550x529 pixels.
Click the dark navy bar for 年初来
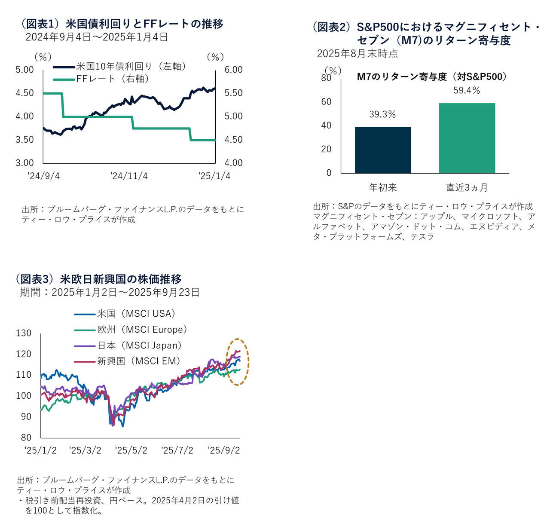(383, 150)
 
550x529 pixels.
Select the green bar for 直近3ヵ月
(467, 138)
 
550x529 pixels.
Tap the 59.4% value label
(467, 91)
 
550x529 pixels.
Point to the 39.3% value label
(382, 115)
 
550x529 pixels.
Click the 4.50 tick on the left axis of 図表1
(24, 93)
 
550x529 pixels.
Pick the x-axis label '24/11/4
(129, 176)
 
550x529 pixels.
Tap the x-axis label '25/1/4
(214, 176)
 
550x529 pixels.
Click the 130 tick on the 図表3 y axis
(24, 333)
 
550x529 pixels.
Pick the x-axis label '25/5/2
(131, 450)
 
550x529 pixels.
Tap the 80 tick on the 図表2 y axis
(326, 78)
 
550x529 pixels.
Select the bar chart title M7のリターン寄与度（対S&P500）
(432, 77)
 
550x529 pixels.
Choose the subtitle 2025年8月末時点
(357, 54)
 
